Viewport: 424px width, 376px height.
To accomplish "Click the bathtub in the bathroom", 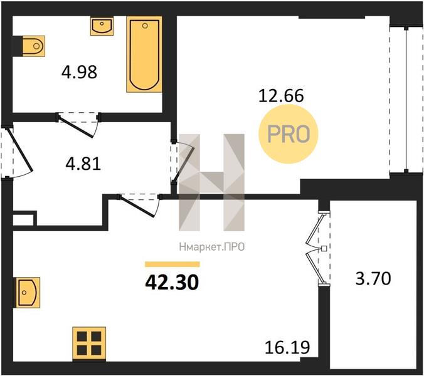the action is [144, 55].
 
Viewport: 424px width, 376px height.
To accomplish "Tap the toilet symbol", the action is [33, 46].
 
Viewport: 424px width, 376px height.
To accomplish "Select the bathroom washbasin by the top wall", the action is [102, 26].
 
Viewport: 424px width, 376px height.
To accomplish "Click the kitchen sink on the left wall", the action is [28, 293].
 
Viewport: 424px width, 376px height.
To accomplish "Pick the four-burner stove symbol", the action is [89, 343].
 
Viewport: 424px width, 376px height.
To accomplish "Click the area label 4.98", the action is [79, 73].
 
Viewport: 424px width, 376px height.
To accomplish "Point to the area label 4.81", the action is [83, 164].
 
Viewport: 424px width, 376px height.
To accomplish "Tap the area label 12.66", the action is [281, 96].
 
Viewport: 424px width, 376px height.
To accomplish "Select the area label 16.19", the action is [287, 347].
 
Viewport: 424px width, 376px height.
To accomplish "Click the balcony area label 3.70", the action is [373, 279].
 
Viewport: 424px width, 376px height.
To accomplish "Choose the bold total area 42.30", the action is [172, 283].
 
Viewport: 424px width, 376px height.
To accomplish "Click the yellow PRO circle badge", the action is [289, 134].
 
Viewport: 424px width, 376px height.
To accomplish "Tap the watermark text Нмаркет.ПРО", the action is [212, 247].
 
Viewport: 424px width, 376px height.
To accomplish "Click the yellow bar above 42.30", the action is [172, 264].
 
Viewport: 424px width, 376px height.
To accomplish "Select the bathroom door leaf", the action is [77, 127].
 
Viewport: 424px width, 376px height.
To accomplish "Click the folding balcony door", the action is [315, 249].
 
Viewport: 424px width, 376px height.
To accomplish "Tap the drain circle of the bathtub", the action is [145, 26].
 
